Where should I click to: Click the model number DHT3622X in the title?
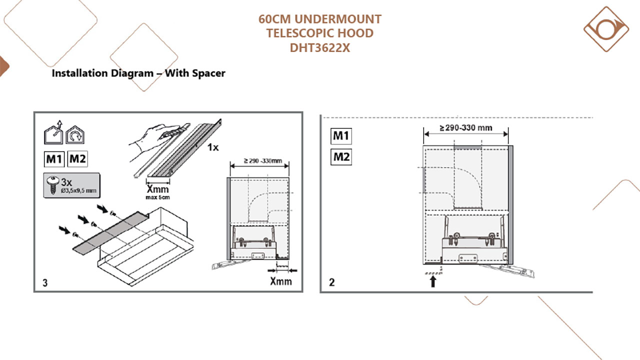[320, 47]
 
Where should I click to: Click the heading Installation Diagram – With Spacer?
[138, 73]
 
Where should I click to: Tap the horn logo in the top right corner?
[606, 29]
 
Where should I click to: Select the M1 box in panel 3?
[54, 159]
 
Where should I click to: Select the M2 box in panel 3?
[77, 159]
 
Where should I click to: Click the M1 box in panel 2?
[341, 136]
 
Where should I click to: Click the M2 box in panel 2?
[341, 157]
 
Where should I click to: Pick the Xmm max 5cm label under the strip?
[157, 191]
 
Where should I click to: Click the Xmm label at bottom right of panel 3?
[280, 281]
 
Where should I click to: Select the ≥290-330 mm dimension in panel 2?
[465, 128]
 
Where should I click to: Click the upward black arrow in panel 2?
[433, 281]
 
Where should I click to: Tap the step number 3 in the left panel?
[45, 283]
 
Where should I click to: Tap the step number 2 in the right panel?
[331, 282]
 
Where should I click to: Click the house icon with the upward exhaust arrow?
[53, 134]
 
